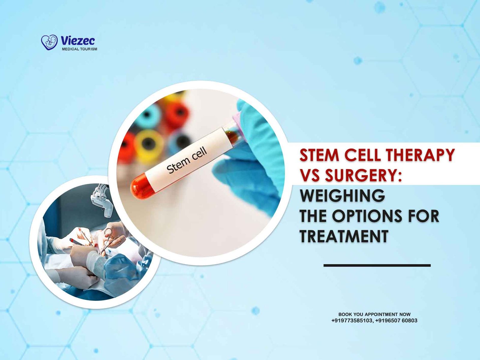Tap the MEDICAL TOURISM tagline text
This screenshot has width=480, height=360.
tap(79, 49)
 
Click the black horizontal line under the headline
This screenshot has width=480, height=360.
tap(377, 265)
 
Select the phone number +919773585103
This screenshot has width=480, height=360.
tap(352, 321)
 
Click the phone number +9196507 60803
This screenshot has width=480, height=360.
tap(396, 321)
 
